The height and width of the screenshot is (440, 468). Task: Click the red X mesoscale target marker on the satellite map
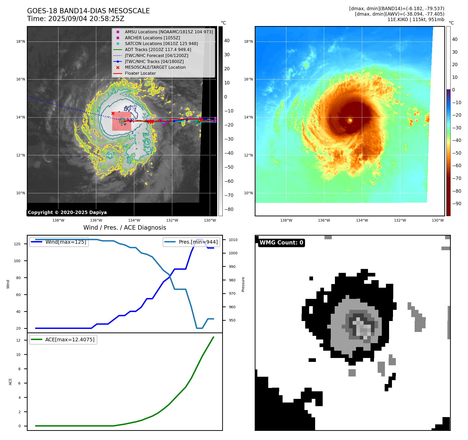pos(113,113)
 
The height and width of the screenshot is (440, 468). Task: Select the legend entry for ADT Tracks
pos(158,49)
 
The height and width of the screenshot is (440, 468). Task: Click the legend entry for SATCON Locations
pos(161,43)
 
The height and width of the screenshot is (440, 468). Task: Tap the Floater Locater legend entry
pos(140,73)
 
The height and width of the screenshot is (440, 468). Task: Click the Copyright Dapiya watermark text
pos(67,212)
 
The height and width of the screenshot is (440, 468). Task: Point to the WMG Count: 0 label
pos(281,243)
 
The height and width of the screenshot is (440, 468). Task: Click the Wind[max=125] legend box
pos(59,242)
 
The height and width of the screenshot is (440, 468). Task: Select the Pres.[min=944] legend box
pos(192,242)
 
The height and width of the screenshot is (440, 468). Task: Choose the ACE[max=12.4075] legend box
pos(63,340)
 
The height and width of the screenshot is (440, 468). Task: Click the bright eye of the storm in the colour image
pos(350,120)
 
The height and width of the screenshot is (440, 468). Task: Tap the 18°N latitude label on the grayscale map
pos(21,41)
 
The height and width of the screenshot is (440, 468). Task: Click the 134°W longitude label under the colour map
pos(362,220)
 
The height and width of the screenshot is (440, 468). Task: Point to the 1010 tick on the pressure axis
pos(233,240)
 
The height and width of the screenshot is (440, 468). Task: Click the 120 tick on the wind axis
pos(17,244)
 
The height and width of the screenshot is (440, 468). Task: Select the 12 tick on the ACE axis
pos(18,340)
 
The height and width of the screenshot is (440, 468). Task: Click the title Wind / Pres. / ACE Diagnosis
pos(124,228)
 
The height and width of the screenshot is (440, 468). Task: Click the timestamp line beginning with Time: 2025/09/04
pos(76,19)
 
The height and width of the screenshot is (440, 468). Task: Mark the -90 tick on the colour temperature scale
pos(456,204)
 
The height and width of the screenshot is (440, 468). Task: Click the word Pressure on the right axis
pos(243,284)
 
